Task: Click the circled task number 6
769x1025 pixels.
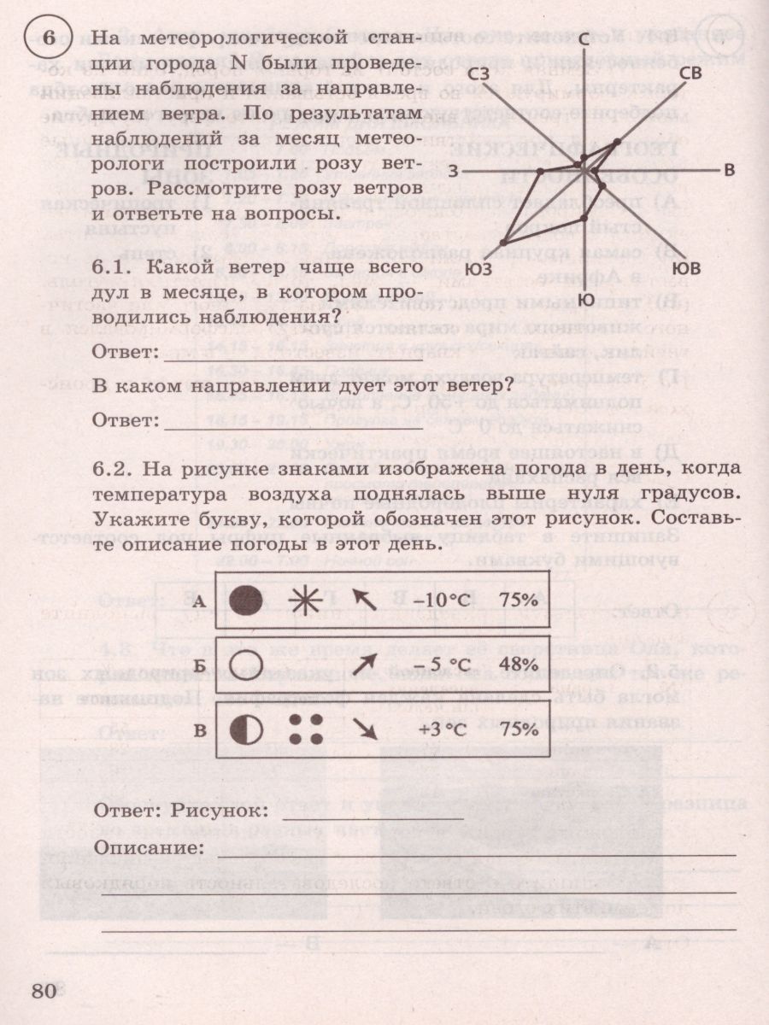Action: pos(50,38)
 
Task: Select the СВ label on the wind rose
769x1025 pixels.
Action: pos(690,73)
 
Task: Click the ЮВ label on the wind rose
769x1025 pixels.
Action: pos(686,269)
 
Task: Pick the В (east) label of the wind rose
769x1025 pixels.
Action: pos(728,169)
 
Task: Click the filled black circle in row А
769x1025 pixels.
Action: pos(247,600)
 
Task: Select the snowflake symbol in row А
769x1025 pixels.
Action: pos(304,600)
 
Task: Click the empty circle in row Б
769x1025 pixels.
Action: pos(247,664)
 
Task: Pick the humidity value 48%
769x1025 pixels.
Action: pos(520,664)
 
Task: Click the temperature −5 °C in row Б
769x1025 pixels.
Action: pos(443,664)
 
